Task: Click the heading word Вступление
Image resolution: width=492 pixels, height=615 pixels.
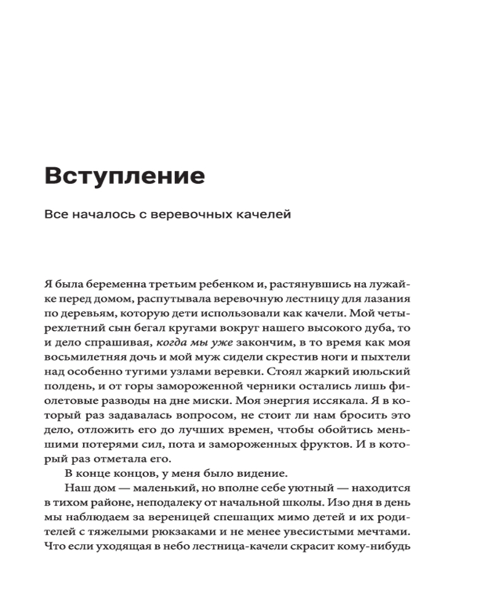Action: (124, 177)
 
